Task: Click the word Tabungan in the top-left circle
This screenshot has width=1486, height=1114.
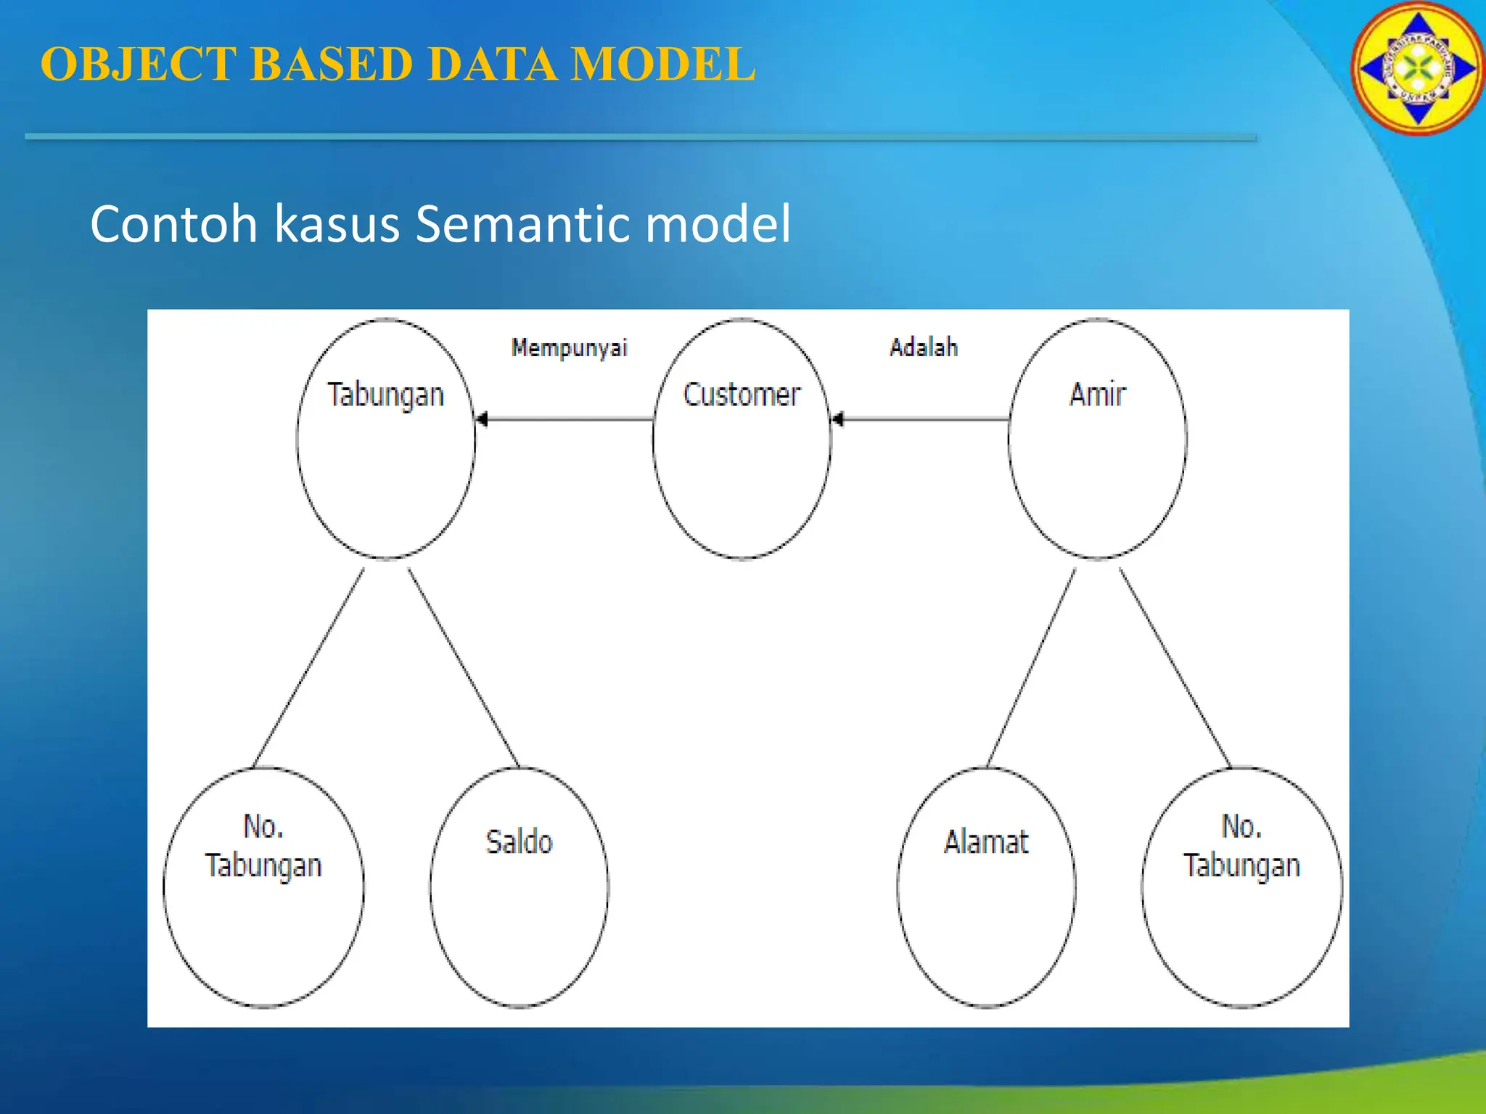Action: coord(385,395)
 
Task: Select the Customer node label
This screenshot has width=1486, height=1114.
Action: coord(742,395)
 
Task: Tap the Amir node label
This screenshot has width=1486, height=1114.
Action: coord(1097,395)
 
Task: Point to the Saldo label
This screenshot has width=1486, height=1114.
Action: coord(519,842)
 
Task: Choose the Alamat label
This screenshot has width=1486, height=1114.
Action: coord(986,842)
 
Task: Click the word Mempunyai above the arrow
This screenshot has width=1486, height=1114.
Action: coord(569,348)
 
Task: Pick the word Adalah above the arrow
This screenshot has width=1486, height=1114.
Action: coord(924,347)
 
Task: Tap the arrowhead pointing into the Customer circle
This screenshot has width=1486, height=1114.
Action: coord(838,419)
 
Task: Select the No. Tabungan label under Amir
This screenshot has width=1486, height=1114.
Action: coord(1241,846)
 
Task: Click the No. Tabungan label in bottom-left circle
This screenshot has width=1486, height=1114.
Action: coord(263,846)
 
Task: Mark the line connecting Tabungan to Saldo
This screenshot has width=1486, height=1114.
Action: coord(464,667)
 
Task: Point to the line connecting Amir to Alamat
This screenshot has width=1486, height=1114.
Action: coord(1031,667)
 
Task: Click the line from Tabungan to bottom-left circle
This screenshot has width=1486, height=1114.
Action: coord(308,667)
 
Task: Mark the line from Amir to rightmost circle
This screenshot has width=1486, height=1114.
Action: coord(1175,667)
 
